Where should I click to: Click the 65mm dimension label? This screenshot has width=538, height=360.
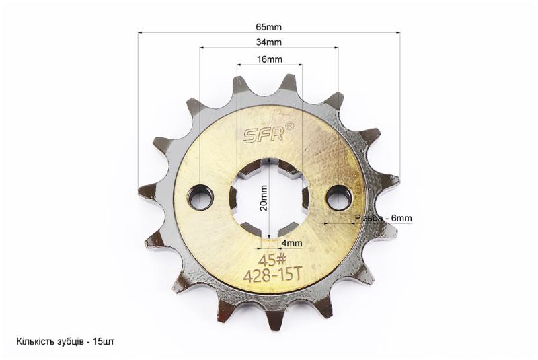[268, 26]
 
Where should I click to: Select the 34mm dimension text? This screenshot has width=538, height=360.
[268, 42]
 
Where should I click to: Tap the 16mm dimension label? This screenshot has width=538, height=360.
[270, 59]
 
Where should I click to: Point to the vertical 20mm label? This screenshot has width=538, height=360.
[264, 198]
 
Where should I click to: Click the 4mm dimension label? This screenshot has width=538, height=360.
[292, 243]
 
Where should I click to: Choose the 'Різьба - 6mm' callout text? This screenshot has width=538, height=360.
[383, 218]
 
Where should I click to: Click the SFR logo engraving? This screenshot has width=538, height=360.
[263, 135]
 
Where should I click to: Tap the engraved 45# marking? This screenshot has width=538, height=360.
[268, 261]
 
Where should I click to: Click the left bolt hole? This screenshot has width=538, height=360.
[200, 199]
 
